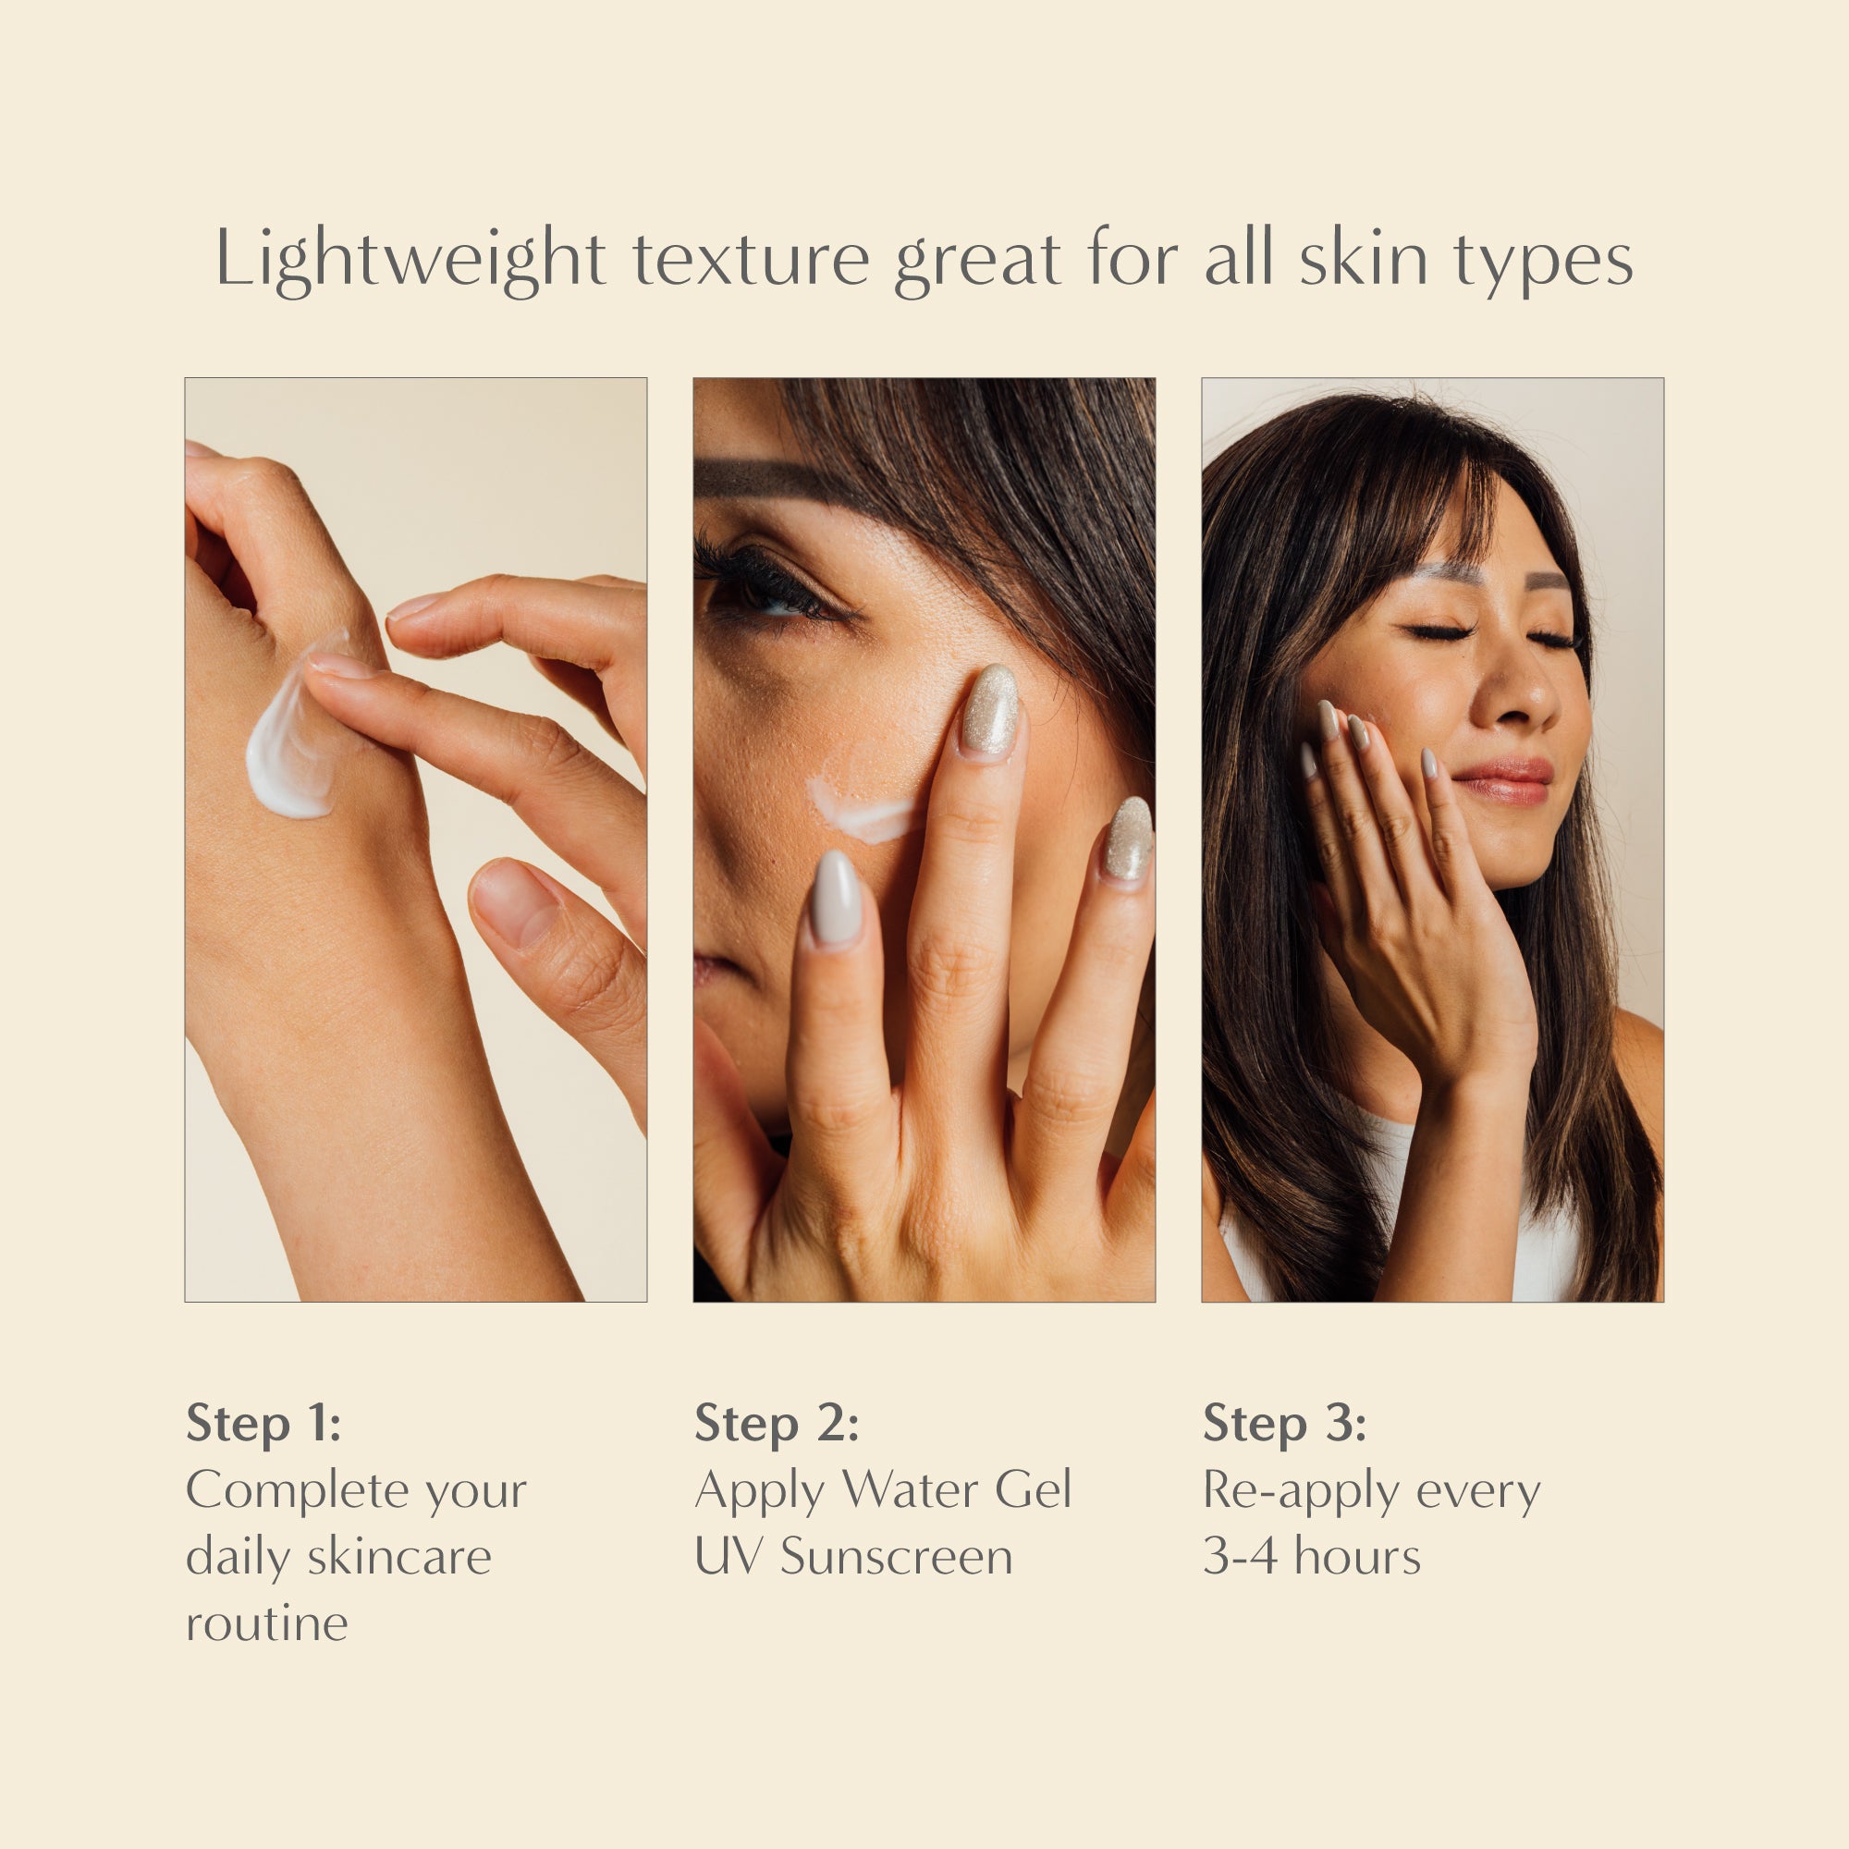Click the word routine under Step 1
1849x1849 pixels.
point(267,1623)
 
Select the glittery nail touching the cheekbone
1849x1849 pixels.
point(989,710)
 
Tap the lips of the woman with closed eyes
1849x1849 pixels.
point(1500,782)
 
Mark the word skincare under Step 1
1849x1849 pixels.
point(399,1556)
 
